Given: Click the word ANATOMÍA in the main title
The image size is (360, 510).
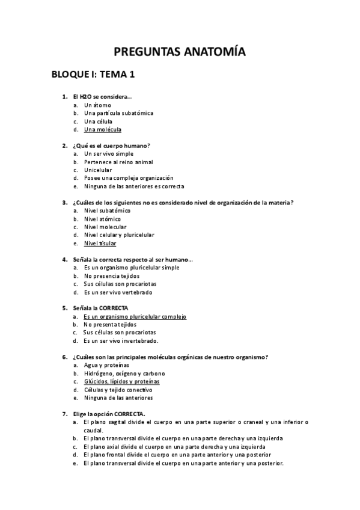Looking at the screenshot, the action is pyautogui.click(x=209, y=52).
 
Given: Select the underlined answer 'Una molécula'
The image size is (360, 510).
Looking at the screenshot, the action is pyautogui.click(x=103, y=129).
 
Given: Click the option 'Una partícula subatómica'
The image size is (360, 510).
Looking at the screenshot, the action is pyautogui.click(x=119, y=113).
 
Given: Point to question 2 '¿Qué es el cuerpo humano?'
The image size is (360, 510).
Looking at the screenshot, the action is pyautogui.click(x=111, y=146).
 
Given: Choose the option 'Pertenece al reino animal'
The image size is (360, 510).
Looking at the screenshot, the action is pyautogui.click(x=118, y=162).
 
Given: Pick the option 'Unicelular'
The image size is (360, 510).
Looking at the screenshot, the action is pyautogui.click(x=98, y=170).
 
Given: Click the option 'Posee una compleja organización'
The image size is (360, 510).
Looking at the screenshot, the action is pyautogui.click(x=129, y=178).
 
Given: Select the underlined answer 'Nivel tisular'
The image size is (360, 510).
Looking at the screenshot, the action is pyautogui.click(x=100, y=244).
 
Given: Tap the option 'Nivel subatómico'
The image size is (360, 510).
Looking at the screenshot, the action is pyautogui.click(x=108, y=210).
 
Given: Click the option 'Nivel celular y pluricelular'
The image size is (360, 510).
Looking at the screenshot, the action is pyautogui.click(x=119, y=235).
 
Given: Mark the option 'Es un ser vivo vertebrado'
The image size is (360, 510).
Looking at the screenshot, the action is pyautogui.click(x=118, y=292).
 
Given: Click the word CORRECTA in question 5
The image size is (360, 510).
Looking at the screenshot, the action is pyautogui.click(x=114, y=308).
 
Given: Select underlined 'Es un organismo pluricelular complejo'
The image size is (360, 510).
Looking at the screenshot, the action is pyautogui.click(x=135, y=316).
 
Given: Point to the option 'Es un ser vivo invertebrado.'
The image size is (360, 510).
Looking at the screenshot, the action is pyautogui.click(x=121, y=340).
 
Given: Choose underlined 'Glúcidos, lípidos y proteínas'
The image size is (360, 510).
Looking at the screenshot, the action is pyautogui.click(x=122, y=381).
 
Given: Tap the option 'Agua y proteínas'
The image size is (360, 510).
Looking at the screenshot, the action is pyautogui.click(x=106, y=365).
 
